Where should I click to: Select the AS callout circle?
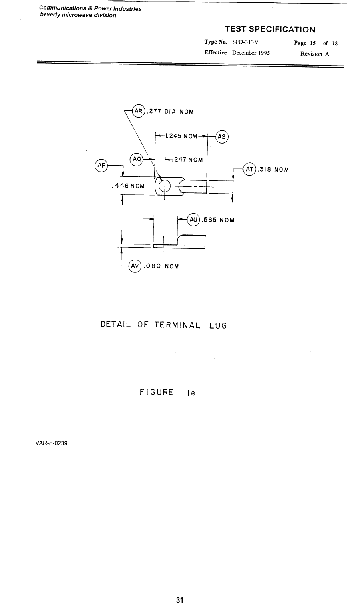click(222, 136)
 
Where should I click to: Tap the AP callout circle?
click(101, 166)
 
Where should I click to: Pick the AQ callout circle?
click(137, 159)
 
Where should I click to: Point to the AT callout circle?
click(250, 169)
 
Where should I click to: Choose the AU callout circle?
click(194, 220)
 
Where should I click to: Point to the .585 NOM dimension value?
click(218, 220)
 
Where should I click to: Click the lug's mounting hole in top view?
click(165, 186)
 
